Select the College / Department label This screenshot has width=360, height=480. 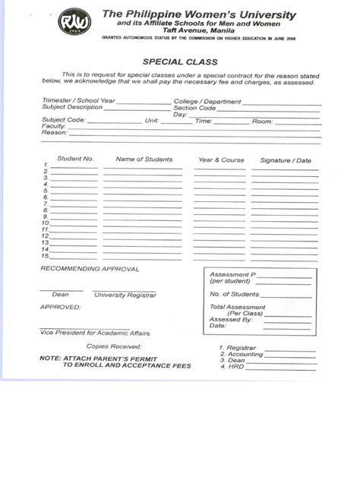click(x=207, y=101)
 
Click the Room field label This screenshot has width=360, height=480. click(x=262, y=121)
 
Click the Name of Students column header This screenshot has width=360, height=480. click(x=144, y=159)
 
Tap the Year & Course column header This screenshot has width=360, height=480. click(x=221, y=160)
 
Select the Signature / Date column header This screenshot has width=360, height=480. click(x=286, y=160)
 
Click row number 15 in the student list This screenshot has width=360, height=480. click(x=46, y=256)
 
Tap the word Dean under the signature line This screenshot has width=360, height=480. click(x=60, y=294)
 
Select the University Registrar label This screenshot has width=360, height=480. click(x=125, y=294)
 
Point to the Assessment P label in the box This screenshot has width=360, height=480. click(x=232, y=273)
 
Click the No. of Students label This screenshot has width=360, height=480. click(x=235, y=294)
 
